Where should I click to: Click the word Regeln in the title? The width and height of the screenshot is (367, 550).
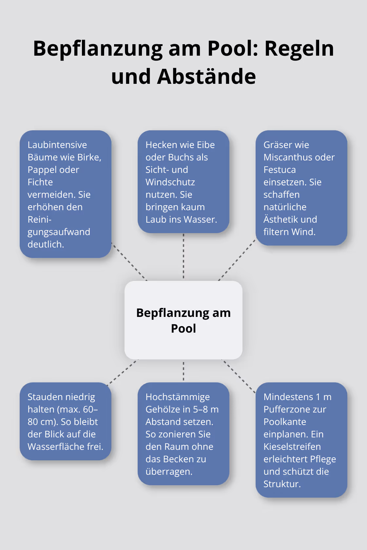[299, 49]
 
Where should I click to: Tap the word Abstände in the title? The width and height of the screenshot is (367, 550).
[206, 77]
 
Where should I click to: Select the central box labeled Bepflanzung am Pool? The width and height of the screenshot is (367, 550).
[183, 320]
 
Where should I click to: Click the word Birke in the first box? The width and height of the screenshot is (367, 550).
[89, 157]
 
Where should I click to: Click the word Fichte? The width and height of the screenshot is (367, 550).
[40, 182]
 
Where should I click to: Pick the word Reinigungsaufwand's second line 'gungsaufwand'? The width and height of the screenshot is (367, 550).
[59, 232]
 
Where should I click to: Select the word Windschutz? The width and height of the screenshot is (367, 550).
[170, 182]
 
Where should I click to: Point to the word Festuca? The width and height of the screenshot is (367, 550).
[280, 170]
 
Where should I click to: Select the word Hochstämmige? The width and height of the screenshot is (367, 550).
[178, 397]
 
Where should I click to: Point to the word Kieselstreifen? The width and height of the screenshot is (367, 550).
[292, 447]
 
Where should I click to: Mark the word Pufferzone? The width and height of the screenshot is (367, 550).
[295, 410]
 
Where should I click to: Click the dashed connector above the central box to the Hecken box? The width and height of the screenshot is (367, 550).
[183, 257]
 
